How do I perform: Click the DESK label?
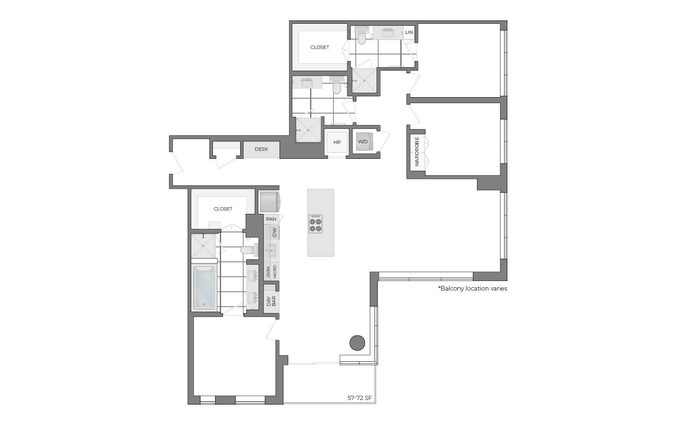pos(261,149)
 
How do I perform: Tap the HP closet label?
pos(336,142)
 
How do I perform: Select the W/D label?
pos(363,142)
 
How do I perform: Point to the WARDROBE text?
pos(417,153)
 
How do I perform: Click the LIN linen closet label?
pos(408,33)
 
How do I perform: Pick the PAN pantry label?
pos(271,219)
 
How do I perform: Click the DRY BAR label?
pos(271,300)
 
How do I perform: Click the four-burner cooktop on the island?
pos(316,223)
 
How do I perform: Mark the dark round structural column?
pos(357,343)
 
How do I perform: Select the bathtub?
pos(204,287)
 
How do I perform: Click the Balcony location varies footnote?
pos(473,289)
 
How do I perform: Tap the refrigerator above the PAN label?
pos(270,202)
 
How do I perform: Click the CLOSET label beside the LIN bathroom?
pos(320,48)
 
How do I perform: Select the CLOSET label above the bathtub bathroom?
pos(223,209)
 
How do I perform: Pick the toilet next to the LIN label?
pos(362,39)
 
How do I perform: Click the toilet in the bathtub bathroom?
pos(248,250)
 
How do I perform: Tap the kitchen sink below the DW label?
pos(272,251)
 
